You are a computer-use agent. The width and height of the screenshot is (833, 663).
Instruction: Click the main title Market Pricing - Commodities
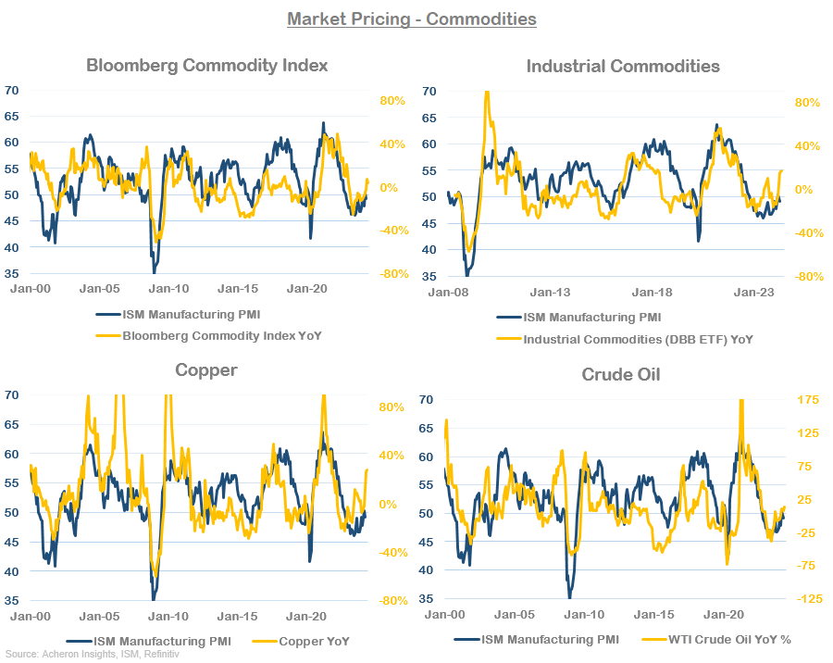pos(411,19)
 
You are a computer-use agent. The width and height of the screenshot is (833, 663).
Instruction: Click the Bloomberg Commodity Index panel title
pos(206,66)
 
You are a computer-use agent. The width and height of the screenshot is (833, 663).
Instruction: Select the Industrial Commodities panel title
pos(622,66)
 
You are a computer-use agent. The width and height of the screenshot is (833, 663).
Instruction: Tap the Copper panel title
pos(206,370)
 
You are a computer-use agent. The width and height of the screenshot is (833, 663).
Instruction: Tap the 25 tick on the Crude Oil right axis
pos(804,499)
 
